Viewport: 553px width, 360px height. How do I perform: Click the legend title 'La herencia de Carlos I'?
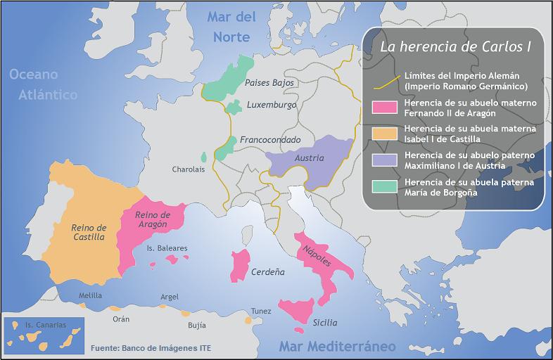pyautogui.click(x=455, y=47)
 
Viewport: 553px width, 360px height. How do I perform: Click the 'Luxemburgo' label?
pyautogui.click(x=272, y=105)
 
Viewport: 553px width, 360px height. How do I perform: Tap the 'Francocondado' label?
pyautogui.click(x=270, y=140)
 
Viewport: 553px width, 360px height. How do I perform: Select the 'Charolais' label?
pyautogui.click(x=189, y=169)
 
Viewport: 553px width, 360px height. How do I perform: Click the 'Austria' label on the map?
pyautogui.click(x=309, y=158)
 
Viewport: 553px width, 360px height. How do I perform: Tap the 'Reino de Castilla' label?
pyautogui.click(x=88, y=233)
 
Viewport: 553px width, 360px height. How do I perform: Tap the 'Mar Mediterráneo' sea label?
pyautogui.click(x=337, y=347)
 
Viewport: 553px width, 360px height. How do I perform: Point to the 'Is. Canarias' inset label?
pyautogui.click(x=45, y=326)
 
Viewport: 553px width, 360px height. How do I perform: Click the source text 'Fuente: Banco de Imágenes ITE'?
pyautogui.click(x=151, y=348)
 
